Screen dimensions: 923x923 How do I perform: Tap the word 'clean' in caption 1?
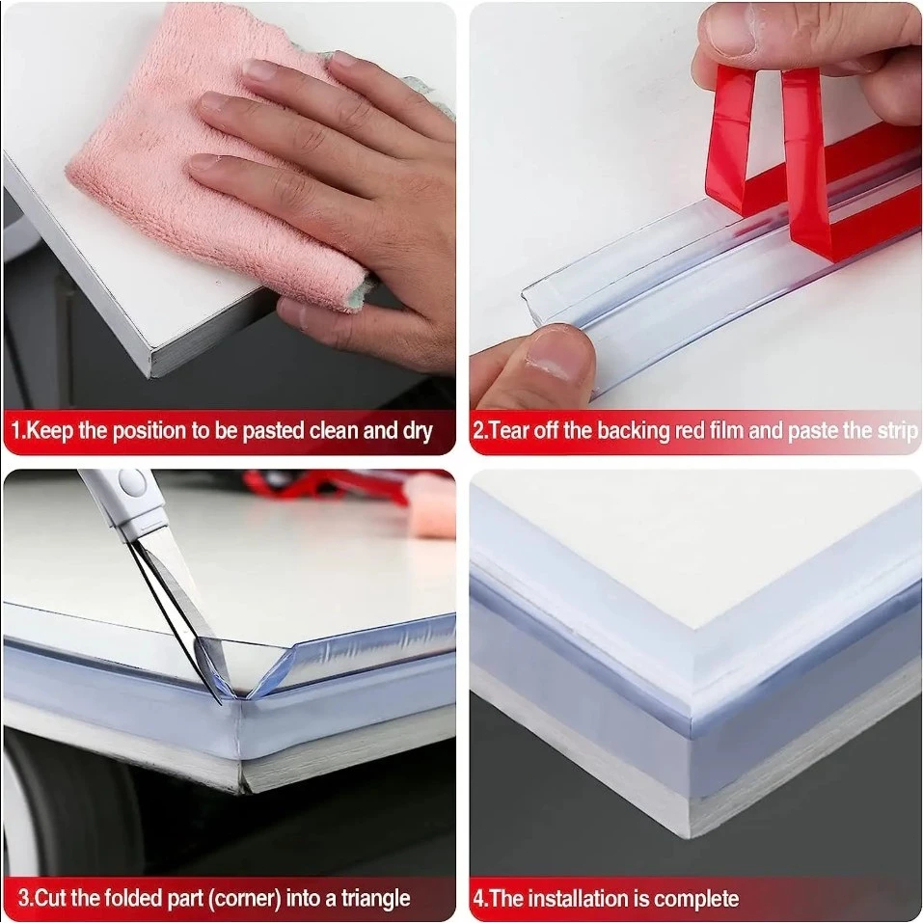(334, 431)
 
